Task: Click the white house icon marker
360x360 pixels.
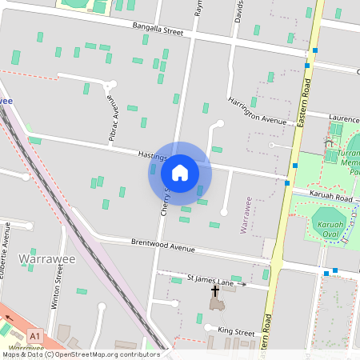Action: [180, 172]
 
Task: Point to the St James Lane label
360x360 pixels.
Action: [210, 282]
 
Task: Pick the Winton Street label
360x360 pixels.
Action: [58, 290]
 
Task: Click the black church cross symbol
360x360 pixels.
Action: [214, 291]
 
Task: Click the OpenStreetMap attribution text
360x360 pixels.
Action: [80, 354]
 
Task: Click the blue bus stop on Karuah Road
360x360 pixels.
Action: [287, 183]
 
